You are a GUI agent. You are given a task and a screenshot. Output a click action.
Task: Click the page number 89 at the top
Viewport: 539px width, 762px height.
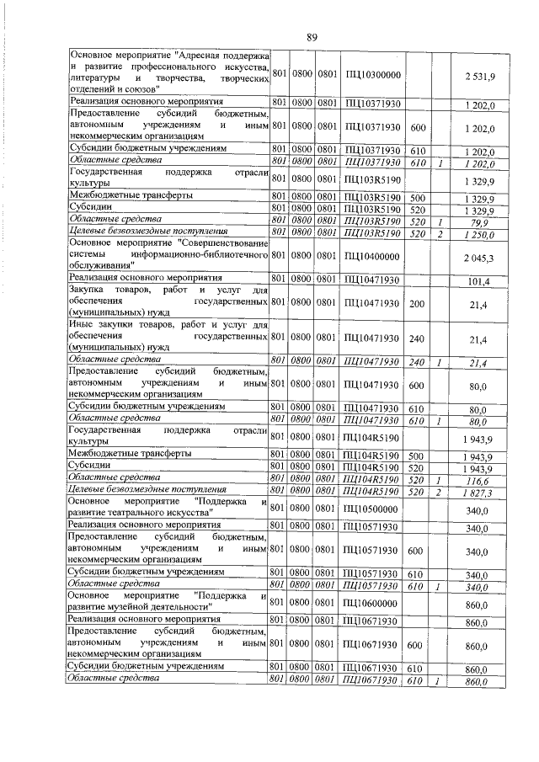(312, 36)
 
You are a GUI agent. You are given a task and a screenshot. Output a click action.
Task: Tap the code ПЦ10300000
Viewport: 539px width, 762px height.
(372, 76)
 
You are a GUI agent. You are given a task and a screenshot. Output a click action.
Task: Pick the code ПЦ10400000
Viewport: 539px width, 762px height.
(372, 256)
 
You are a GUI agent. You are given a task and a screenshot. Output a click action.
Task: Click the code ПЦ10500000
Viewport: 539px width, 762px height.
(372, 510)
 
